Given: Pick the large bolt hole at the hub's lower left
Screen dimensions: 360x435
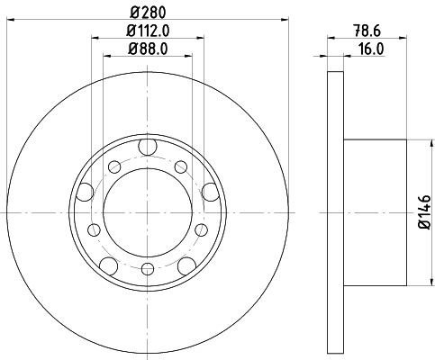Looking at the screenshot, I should tap(107, 265).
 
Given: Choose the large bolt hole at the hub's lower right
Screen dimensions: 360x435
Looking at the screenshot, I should tap(188, 265).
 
